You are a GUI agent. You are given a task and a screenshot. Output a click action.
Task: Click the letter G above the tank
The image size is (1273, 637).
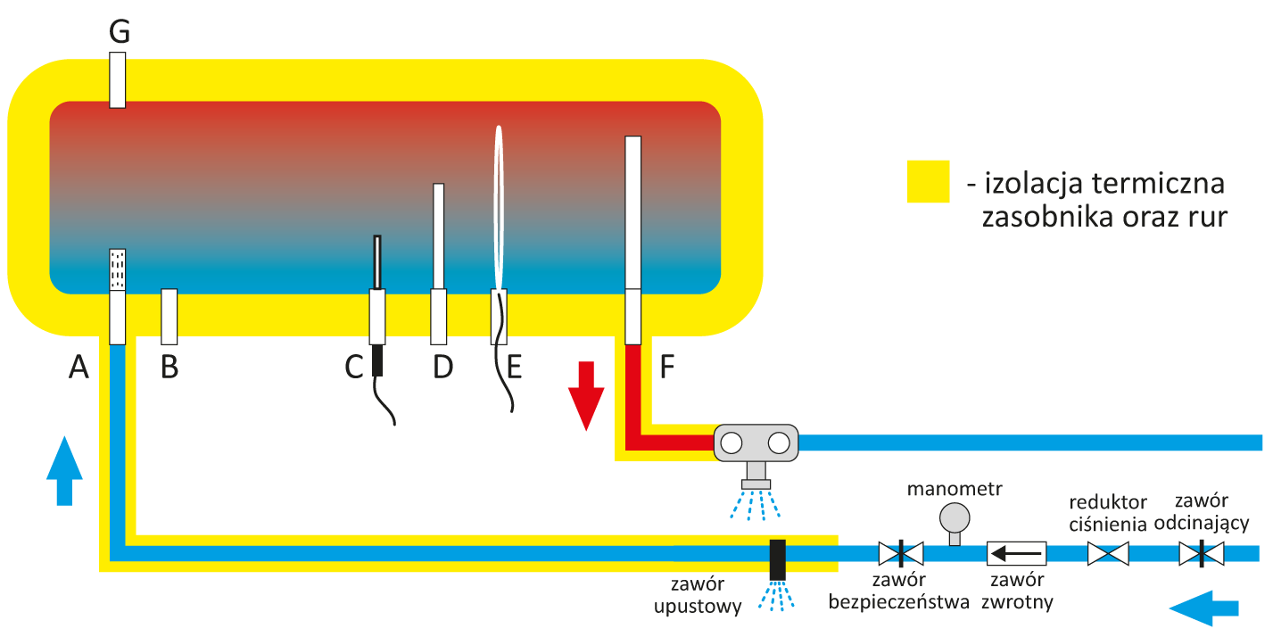click(x=120, y=33)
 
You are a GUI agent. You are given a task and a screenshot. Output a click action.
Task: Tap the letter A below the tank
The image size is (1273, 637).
click(x=79, y=366)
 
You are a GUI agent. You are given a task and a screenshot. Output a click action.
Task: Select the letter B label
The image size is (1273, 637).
click(x=169, y=366)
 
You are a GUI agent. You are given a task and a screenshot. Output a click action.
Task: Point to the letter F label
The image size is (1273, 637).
click(x=666, y=366)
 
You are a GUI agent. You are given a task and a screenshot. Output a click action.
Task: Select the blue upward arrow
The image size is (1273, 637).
click(x=63, y=470)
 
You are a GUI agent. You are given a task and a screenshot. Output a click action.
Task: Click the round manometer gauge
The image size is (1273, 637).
click(x=955, y=517)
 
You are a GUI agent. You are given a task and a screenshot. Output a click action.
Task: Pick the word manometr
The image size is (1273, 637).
click(x=955, y=489)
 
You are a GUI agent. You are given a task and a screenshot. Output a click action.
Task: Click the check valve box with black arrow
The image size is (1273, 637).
click(x=1016, y=554)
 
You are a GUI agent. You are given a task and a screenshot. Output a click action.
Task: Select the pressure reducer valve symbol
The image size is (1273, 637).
click(x=1108, y=554)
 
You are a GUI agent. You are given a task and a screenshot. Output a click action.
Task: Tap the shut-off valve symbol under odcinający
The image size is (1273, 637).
click(x=1201, y=554)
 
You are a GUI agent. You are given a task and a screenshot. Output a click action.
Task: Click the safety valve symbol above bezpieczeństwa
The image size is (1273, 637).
click(x=900, y=554)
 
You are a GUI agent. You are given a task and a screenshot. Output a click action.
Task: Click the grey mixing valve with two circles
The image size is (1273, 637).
click(x=755, y=443)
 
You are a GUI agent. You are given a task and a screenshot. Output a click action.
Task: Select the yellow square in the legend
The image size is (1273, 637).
click(x=929, y=182)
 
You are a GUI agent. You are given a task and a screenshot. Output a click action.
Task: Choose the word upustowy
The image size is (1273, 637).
click(x=698, y=608)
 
